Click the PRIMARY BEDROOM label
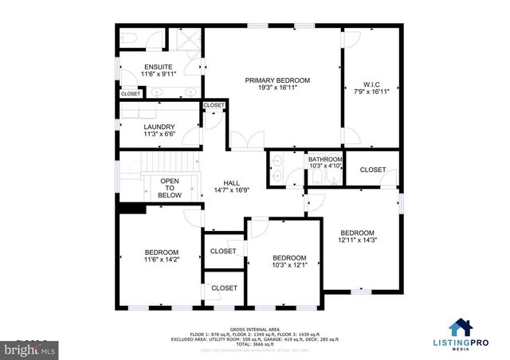277,80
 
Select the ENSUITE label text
158,67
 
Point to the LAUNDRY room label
159,127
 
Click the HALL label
232,183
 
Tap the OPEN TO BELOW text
170,188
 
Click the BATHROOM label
325,159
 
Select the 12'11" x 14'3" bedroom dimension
356,239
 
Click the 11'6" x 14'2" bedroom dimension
161,260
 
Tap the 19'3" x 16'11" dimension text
277,88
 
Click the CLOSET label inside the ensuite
131,94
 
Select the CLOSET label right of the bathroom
373,170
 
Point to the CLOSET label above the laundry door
214,105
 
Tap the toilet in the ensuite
130,38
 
